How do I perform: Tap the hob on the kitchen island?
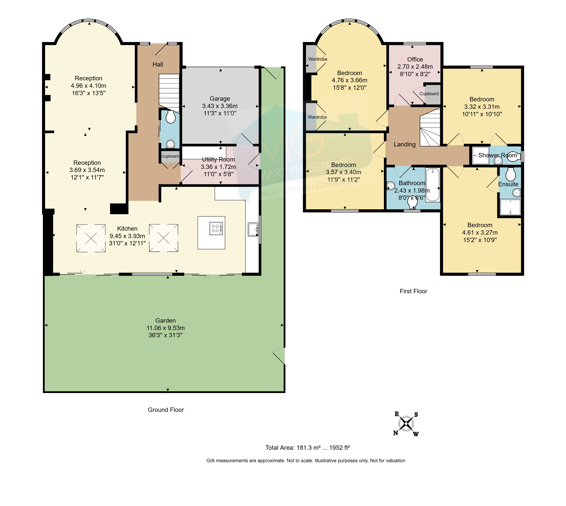click(216, 228)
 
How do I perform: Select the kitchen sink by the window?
click(253, 229)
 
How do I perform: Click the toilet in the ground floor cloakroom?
click(171, 117)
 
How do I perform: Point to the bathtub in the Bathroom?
click(432, 185)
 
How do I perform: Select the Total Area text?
click(308, 448)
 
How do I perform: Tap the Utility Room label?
click(218, 160)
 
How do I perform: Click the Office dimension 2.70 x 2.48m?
click(415, 67)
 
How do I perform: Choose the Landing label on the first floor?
click(404, 144)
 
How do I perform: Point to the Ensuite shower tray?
click(510, 207)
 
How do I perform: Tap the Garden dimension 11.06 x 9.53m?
click(165, 328)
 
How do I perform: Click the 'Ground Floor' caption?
click(166, 410)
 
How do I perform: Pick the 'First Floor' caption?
click(413, 291)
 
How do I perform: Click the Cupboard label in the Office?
click(429, 94)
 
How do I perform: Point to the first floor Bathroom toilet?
click(412, 204)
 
